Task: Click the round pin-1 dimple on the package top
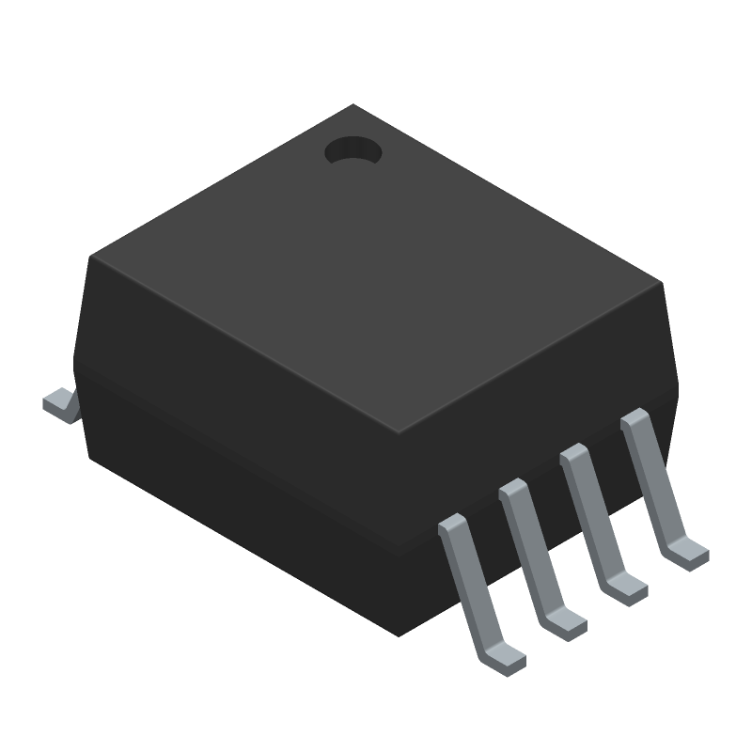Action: pos(353,150)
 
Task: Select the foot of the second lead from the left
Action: pos(567,623)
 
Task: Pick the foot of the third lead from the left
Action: pos(627,587)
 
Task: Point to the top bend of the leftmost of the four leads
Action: pos(453,525)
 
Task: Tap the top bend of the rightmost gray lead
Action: pos(634,419)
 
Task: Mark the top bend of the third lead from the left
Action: pos(574,455)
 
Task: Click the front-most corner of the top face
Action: pos(399,433)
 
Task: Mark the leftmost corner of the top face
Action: pos(89,257)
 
